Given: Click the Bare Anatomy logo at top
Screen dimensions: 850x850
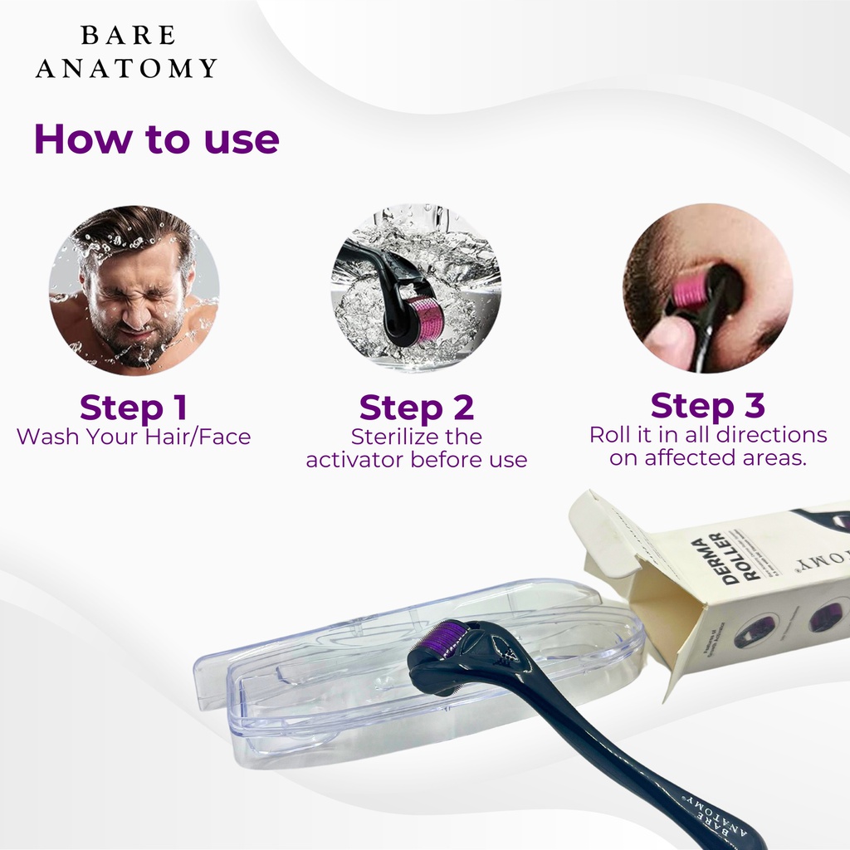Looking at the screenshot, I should (x=126, y=51).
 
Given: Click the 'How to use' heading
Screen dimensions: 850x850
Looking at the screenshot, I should (x=156, y=139).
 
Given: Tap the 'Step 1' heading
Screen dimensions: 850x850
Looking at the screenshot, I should (x=133, y=408).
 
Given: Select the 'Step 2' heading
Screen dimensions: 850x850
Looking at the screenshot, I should (x=416, y=408).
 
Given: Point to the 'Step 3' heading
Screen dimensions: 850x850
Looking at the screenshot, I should (x=707, y=405).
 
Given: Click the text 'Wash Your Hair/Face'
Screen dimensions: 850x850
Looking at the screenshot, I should (x=133, y=437).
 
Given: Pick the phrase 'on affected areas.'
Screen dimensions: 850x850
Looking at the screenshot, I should (x=707, y=457).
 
